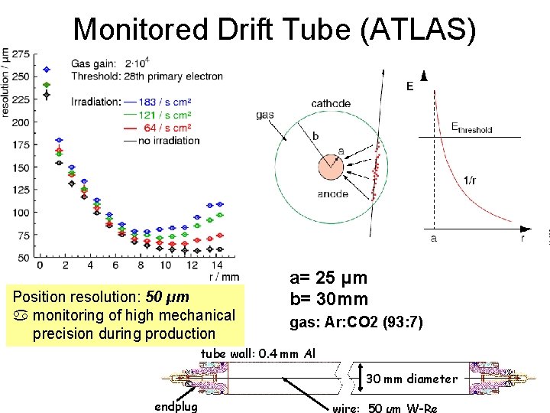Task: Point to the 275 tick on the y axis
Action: point(21,54)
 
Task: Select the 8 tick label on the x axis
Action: point(140,265)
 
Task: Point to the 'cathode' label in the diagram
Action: point(331,103)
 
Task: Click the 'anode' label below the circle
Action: point(332,194)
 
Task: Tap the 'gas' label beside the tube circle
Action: point(265,115)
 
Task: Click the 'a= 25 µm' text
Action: point(328,278)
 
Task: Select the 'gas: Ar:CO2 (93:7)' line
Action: point(355,323)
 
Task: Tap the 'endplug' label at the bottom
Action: point(176,406)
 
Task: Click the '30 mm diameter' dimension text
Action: point(412,378)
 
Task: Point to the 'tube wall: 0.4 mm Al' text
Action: point(257,353)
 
